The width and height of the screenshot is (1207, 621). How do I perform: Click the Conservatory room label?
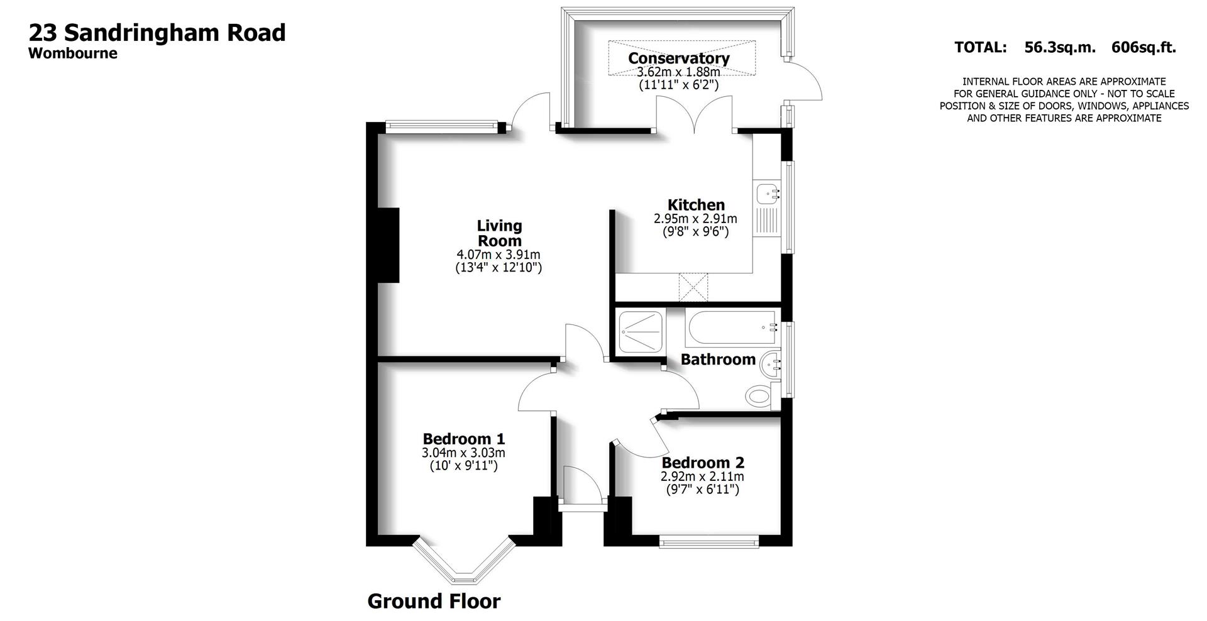coord(679,58)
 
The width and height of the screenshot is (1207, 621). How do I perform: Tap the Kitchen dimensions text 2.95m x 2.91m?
coord(695,219)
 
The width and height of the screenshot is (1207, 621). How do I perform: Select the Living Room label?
coord(499,233)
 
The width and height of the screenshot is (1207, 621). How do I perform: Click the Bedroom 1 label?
coord(463,439)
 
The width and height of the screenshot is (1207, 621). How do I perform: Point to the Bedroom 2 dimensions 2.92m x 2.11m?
coord(702,476)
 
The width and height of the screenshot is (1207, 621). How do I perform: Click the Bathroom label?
coord(718,360)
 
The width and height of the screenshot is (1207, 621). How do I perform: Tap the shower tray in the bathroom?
coord(641,331)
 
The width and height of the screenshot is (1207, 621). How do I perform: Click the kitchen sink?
coord(767,194)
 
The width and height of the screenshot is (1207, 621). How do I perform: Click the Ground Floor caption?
coord(434,601)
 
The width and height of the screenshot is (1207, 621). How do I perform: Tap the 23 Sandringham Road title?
coord(157,33)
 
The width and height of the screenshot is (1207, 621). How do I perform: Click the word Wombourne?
coord(73,53)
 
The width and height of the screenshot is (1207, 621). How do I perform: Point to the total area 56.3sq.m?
coord(1060,47)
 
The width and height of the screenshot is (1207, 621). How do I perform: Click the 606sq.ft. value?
coord(1144,47)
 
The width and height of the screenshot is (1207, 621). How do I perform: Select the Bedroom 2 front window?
coord(709,541)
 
